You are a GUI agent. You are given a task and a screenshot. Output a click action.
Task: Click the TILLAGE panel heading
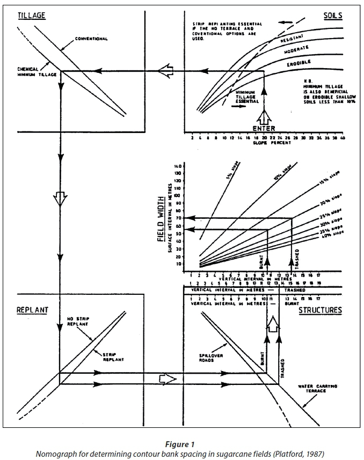tap(32, 16)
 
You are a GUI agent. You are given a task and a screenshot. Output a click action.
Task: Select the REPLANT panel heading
tap(33, 310)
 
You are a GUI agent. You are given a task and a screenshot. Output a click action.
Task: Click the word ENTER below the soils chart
tap(263, 128)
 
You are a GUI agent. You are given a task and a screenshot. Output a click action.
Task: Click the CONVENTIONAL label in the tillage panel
tap(92, 39)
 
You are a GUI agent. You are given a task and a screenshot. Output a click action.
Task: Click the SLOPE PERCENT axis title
tap(263, 143)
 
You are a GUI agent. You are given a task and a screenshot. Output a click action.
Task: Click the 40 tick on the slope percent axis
tap(342, 138)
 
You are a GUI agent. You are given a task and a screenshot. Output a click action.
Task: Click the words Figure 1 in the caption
tap(181, 444)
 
